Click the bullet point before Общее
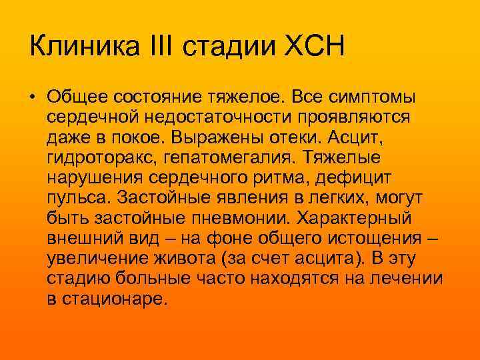tap(33, 98)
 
